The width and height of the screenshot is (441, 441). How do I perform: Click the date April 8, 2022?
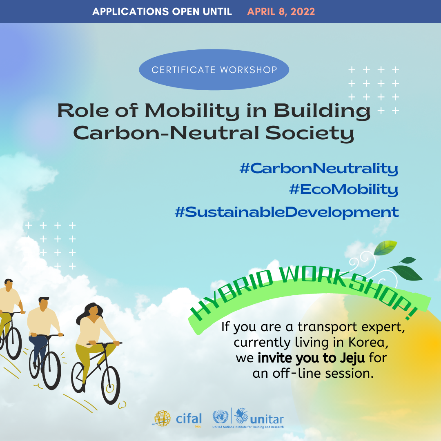[x=281, y=12]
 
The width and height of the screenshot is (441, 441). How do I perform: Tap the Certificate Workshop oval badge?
[x=214, y=70]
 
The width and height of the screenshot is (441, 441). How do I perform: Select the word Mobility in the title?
[x=192, y=111]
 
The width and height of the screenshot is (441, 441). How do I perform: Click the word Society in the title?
[x=310, y=133]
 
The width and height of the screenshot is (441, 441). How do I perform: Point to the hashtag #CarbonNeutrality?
[x=319, y=169]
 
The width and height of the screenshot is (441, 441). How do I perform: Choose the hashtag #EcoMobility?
[x=344, y=189]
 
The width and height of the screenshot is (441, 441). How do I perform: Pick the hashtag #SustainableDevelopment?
[x=287, y=212]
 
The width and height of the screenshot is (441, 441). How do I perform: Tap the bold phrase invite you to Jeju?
[x=311, y=358]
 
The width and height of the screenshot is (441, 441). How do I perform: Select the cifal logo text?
[x=189, y=419]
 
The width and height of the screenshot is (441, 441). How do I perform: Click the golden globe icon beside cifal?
[x=162, y=418]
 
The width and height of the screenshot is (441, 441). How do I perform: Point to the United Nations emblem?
[x=220, y=416]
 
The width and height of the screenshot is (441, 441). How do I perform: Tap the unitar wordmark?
[x=267, y=420]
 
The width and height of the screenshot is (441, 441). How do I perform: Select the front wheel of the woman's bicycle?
[x=111, y=385]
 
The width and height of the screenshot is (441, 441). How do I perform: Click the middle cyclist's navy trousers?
[x=38, y=352]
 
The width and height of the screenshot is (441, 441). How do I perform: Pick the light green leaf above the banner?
[x=385, y=247]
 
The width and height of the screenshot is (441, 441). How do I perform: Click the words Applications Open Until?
[x=162, y=12]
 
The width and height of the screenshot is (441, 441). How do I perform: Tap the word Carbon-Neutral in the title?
[x=166, y=133]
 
